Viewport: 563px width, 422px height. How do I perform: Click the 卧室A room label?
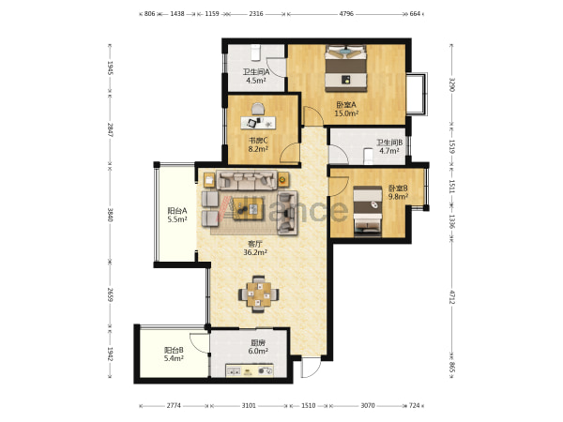[x=346, y=105]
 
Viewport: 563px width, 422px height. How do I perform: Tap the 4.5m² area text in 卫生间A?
[x=255, y=81]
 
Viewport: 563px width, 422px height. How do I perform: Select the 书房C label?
[x=258, y=141]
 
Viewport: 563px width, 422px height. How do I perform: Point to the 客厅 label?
[x=255, y=244]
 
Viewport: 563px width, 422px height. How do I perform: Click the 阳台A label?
[x=177, y=211]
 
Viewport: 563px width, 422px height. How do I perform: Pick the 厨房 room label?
[x=258, y=342]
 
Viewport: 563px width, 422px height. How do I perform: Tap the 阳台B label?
[x=174, y=350]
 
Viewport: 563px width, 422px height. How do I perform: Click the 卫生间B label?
[x=389, y=143]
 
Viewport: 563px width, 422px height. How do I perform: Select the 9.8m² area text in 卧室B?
[x=398, y=197]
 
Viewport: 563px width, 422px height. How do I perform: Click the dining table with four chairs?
[x=258, y=294]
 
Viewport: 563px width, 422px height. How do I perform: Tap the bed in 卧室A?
[x=345, y=68]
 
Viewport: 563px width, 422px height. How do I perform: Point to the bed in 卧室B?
[x=367, y=211]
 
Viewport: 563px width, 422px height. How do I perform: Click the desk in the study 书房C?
[x=258, y=122]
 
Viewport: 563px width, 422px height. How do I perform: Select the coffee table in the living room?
[x=248, y=208]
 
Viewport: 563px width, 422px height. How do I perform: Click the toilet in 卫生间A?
[x=255, y=53]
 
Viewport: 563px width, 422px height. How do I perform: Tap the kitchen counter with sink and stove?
[x=250, y=370]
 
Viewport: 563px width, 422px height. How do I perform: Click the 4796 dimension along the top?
[x=346, y=14]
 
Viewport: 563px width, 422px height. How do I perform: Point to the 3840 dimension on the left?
[x=110, y=215]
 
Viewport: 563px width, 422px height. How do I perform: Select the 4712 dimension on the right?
[x=451, y=297]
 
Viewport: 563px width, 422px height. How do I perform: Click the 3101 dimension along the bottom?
[x=249, y=405]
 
